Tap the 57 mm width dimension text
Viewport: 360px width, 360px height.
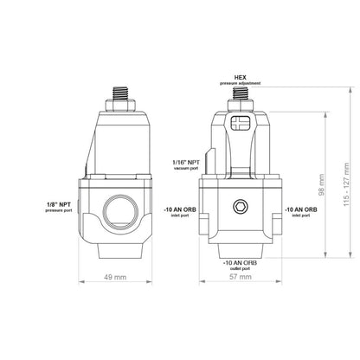pos(239,280)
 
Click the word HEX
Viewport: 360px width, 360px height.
pos(242,76)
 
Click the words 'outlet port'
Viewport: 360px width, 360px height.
pos(239,269)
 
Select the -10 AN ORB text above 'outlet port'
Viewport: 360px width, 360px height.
pos(239,261)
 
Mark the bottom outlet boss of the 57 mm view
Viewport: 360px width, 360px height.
pos(239,247)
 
